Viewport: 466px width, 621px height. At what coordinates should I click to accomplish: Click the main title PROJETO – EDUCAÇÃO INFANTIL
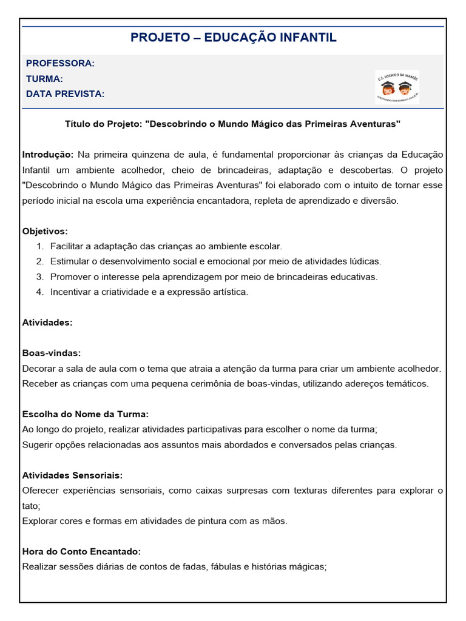pyautogui.click(x=233, y=38)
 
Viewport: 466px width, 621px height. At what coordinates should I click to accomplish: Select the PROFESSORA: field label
pyautogui.click(x=60, y=64)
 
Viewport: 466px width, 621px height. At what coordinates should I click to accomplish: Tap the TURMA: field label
pyautogui.click(x=44, y=79)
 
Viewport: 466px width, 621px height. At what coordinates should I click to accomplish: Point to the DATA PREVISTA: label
pyautogui.click(x=65, y=94)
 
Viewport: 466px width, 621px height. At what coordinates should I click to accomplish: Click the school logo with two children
pyautogui.click(x=397, y=86)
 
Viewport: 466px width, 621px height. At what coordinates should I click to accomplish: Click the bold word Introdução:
pyautogui.click(x=48, y=154)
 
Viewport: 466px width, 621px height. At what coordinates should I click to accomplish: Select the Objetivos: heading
pyautogui.click(x=45, y=231)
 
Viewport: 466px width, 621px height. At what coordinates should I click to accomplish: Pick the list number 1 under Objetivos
pyautogui.click(x=39, y=246)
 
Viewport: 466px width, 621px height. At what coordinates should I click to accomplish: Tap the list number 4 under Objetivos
pyautogui.click(x=39, y=292)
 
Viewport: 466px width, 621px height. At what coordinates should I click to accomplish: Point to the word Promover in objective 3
pyautogui.click(x=70, y=277)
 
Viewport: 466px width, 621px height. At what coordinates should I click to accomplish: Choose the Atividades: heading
pyautogui.click(x=47, y=323)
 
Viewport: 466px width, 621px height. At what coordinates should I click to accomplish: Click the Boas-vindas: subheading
pyautogui.click(x=52, y=353)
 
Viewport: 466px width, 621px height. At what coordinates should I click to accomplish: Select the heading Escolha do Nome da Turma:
pyautogui.click(x=85, y=414)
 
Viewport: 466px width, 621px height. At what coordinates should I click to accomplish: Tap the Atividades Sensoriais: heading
pyautogui.click(x=72, y=475)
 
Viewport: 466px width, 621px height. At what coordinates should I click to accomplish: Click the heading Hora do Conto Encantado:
pyautogui.click(x=81, y=552)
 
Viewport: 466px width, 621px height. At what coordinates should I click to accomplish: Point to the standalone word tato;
pyautogui.click(x=31, y=506)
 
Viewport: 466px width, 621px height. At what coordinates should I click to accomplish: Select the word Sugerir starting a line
pyautogui.click(x=38, y=445)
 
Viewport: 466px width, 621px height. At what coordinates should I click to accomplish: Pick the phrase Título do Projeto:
pyautogui.click(x=103, y=124)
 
